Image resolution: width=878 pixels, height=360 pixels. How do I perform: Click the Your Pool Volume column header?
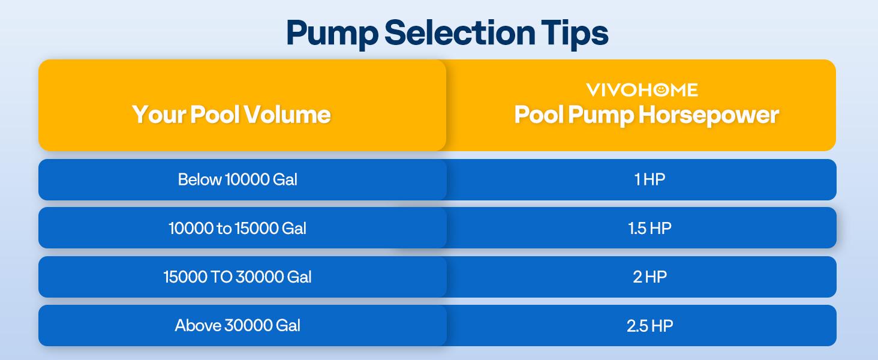(231, 114)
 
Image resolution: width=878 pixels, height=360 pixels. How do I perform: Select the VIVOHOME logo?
(642, 90)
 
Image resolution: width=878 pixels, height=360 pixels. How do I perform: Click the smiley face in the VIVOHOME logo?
(661, 89)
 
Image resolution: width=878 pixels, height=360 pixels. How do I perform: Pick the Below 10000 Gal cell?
(237, 179)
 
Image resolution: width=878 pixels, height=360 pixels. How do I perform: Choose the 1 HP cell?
(650, 179)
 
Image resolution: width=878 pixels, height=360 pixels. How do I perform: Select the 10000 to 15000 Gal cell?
(237, 228)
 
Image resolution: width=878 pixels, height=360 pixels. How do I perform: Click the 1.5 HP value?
(650, 228)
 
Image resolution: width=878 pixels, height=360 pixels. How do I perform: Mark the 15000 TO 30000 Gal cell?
(237, 277)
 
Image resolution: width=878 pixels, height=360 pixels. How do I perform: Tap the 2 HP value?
(650, 277)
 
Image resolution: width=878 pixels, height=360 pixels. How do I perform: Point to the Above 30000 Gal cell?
(237, 325)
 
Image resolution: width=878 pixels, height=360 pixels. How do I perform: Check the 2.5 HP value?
(650, 325)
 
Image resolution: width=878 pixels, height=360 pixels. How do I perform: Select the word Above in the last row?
(197, 325)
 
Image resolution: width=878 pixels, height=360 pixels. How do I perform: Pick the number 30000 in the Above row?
(248, 325)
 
